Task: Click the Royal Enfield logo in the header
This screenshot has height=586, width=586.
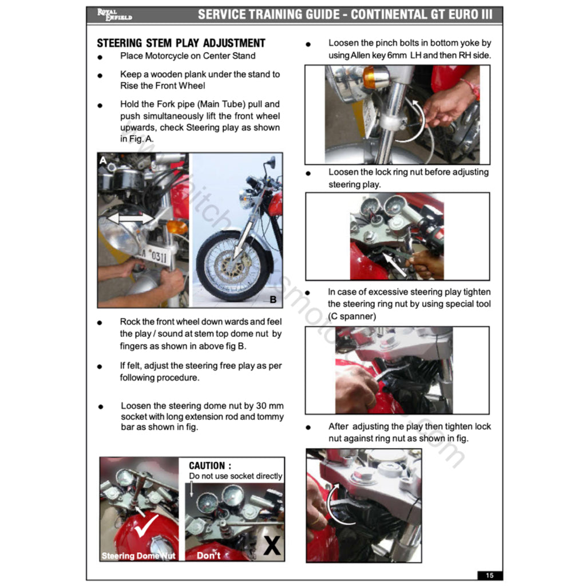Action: [x=114, y=14]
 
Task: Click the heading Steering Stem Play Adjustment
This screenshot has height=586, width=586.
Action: [x=181, y=43]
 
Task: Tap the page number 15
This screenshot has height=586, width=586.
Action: [x=489, y=575]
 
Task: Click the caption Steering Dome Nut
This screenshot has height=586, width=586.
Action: [x=138, y=556]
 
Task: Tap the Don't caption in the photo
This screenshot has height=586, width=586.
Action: [x=208, y=556]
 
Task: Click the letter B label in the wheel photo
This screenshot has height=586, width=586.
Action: [x=273, y=299]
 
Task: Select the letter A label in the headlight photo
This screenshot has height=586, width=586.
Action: [x=103, y=161]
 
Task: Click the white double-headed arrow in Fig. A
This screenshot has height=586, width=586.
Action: [x=131, y=218]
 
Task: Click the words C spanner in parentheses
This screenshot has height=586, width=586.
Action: [x=352, y=316]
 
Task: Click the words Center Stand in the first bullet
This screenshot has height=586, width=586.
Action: [x=231, y=56]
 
